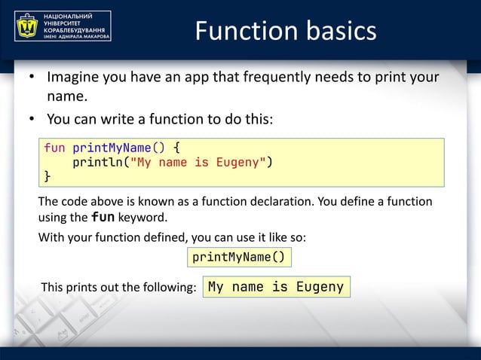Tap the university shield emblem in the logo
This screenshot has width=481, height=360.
pyautogui.click(x=28, y=26)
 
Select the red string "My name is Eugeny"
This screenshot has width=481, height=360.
pyautogui.click(x=197, y=162)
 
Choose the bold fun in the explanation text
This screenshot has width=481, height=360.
pyautogui.click(x=103, y=218)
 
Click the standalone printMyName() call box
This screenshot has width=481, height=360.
pyautogui.click(x=238, y=258)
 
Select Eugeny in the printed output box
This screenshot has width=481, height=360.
pyautogui.click(x=320, y=287)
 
